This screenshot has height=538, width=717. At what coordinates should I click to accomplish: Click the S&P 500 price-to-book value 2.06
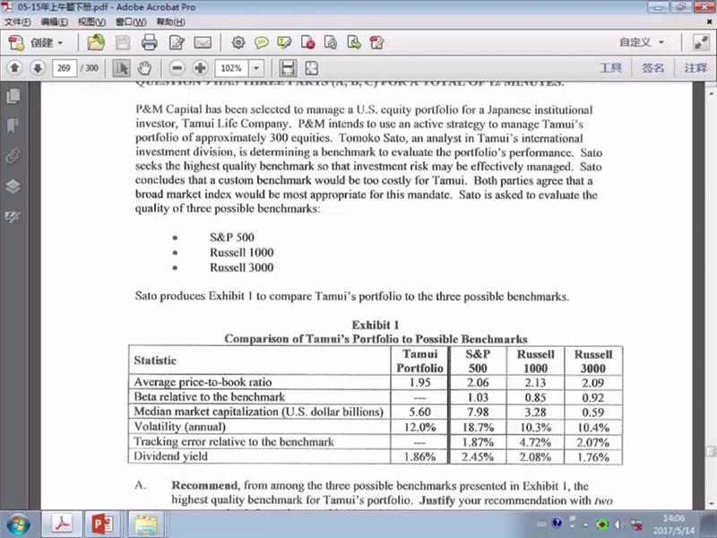tap(478, 382)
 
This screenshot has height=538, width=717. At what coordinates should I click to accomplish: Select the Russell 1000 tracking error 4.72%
tap(535, 441)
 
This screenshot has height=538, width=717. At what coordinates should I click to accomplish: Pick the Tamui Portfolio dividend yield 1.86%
tap(419, 456)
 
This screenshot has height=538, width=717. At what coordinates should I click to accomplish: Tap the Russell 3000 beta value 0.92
tap(592, 396)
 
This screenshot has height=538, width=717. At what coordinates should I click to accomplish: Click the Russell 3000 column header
tap(592, 360)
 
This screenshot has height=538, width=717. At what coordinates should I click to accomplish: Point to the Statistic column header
tap(155, 360)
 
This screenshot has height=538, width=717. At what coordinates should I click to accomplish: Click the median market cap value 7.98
tap(478, 412)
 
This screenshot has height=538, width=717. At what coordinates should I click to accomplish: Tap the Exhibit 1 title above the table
tap(376, 325)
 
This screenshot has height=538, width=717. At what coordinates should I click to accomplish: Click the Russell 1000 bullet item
tap(241, 253)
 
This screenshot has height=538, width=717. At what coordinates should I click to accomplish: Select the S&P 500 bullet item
tap(231, 238)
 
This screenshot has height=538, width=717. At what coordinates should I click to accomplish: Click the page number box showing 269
tap(64, 68)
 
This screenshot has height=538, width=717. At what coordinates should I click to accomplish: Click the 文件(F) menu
tap(18, 21)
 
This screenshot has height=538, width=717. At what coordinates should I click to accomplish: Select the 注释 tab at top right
tap(695, 68)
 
